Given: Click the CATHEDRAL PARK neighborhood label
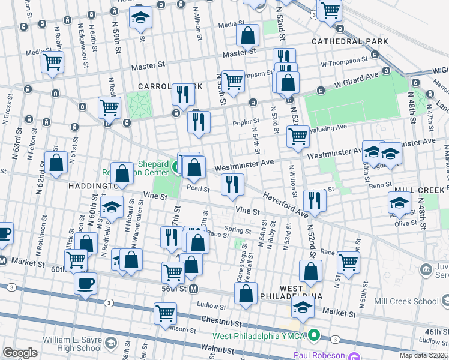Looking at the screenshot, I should click(349, 41).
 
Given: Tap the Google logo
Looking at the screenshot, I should click(20, 353).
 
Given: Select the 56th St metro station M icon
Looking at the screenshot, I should click(194, 289).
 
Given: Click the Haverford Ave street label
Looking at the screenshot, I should click(285, 206).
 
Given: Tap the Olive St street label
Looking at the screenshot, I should click(405, 223).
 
